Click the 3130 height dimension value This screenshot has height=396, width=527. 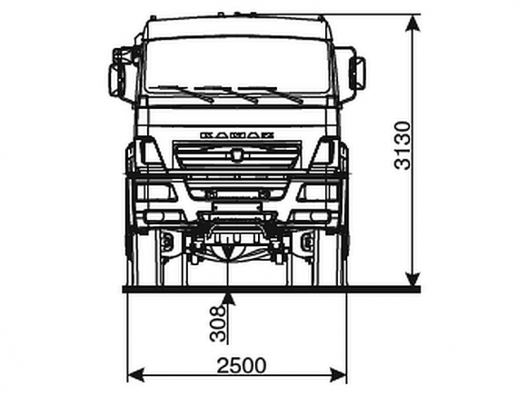[403, 145]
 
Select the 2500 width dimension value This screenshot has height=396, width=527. [242, 365]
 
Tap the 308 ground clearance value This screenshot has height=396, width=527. [217, 323]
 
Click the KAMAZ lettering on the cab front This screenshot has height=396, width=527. [237, 135]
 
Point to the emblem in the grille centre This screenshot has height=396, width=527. [236, 155]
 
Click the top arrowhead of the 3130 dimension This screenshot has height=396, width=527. [413, 24]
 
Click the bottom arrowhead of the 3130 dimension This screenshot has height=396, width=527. [413, 277]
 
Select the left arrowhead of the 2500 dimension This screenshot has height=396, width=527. [136, 375]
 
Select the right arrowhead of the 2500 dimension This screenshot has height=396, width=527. [338, 375]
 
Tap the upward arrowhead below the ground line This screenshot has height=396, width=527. [229, 299]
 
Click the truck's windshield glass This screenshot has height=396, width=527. [237, 65]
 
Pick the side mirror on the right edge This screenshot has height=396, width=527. [357, 73]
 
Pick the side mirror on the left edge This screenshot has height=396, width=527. [116, 79]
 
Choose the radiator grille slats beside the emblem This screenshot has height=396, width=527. [236, 155]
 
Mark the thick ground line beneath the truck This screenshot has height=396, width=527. [272, 289]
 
